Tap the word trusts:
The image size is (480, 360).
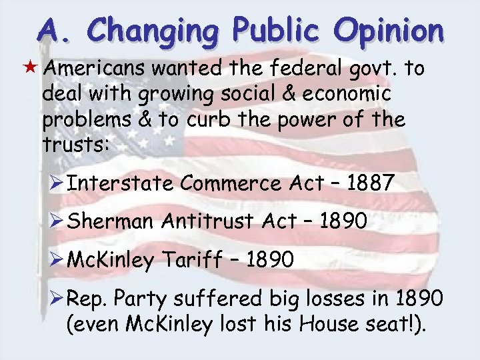click(x=74, y=144)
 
